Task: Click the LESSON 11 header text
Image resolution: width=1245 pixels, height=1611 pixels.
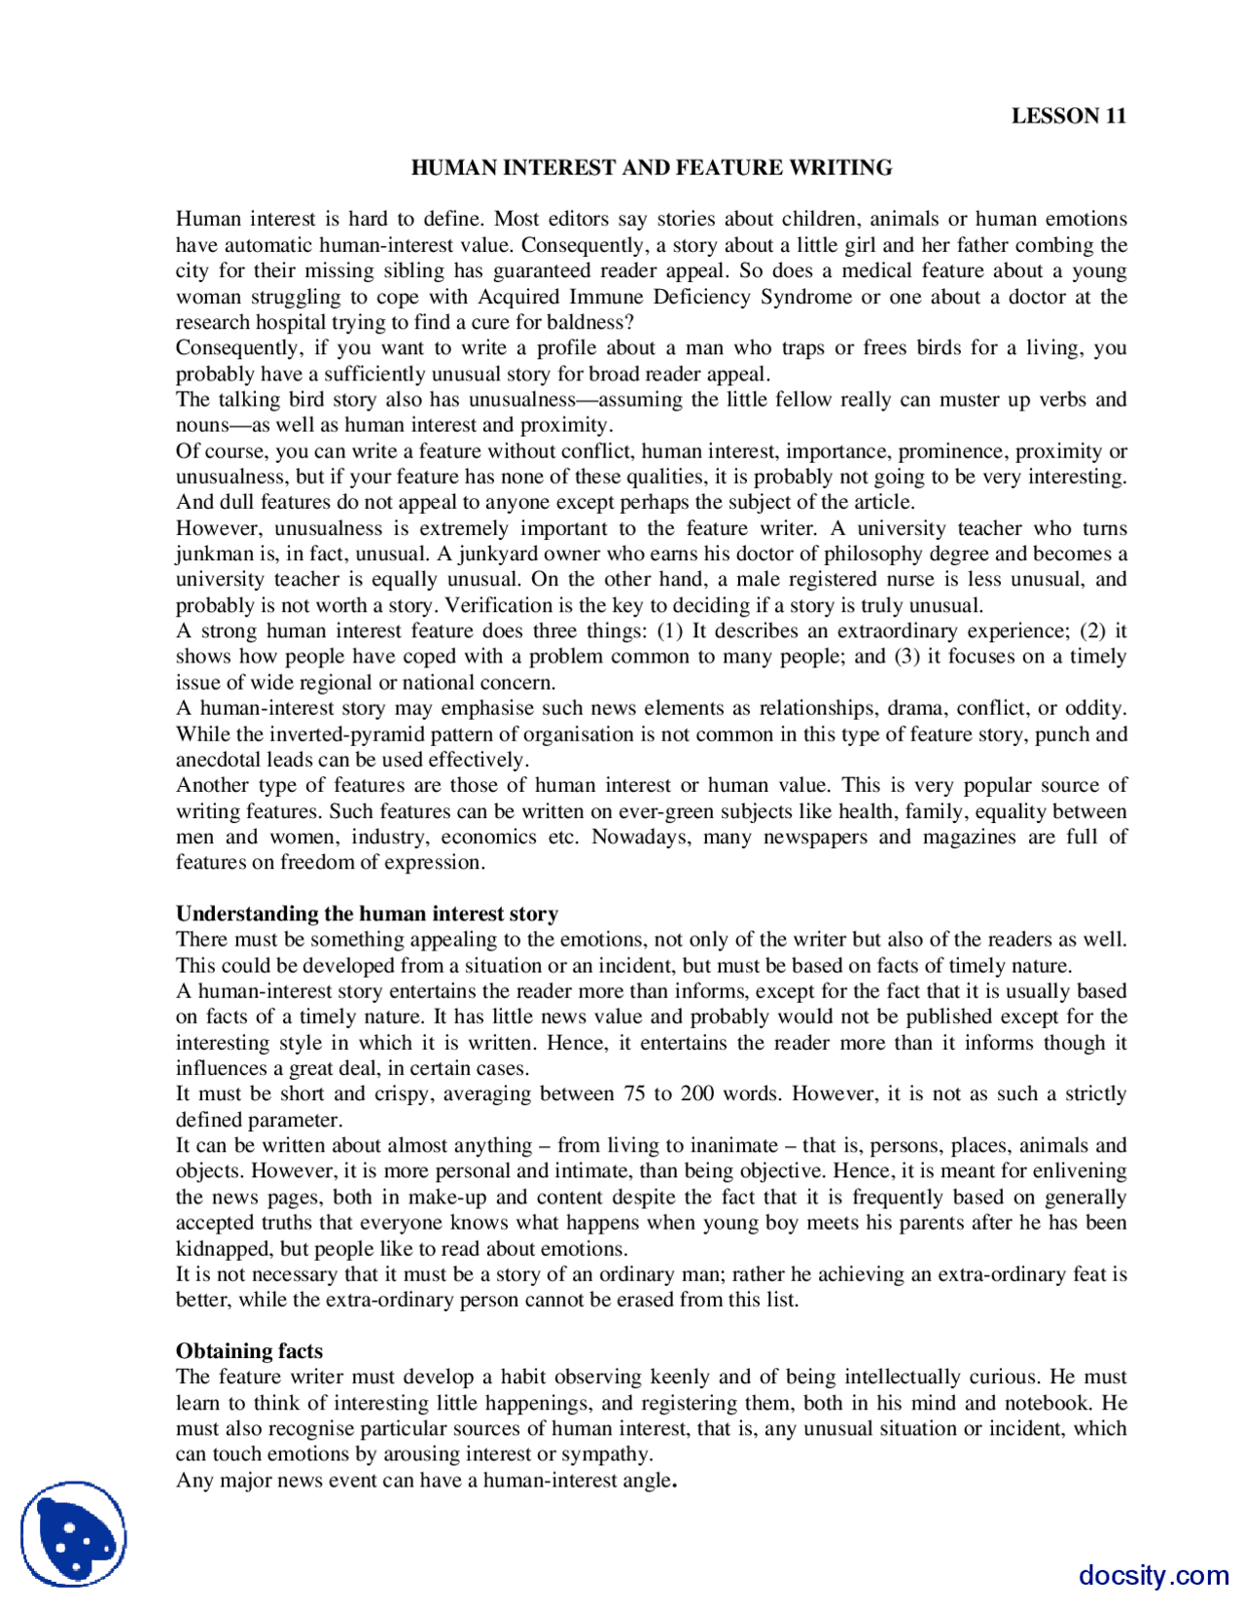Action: pos(1068,116)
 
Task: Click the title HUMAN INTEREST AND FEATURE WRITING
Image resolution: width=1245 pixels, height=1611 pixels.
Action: pos(651,167)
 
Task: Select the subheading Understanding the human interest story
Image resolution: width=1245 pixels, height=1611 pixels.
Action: pos(367,913)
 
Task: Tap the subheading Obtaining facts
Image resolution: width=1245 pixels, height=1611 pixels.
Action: pos(249,1350)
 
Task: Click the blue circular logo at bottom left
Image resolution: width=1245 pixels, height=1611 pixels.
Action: pos(74,1534)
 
